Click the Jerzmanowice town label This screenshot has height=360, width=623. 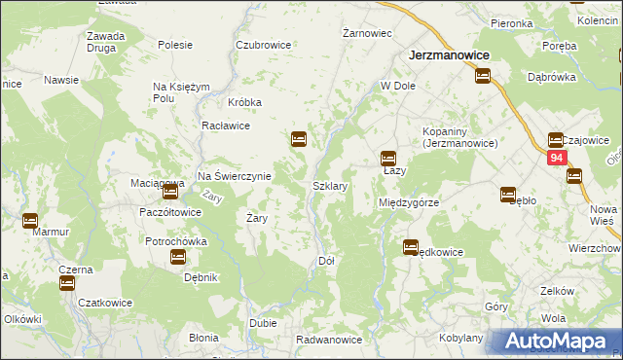pyautogui.click(x=449, y=56)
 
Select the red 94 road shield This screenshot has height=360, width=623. pyautogui.click(x=556, y=158)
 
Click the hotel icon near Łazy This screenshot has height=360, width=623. pyautogui.click(x=388, y=158)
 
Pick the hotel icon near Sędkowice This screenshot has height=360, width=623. pyautogui.click(x=411, y=247)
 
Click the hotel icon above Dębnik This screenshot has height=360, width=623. pyautogui.click(x=178, y=257)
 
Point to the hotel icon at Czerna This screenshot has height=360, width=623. pyautogui.click(x=66, y=283)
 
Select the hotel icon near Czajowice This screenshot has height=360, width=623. pyautogui.click(x=556, y=139)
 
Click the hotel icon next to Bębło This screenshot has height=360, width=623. pyautogui.click(x=507, y=194)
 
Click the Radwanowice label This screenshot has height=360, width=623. pyautogui.click(x=330, y=340)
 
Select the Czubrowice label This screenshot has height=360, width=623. pyautogui.click(x=265, y=45)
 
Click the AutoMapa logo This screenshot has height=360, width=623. pyautogui.click(x=556, y=342)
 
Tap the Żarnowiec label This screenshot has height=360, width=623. pyautogui.click(x=367, y=33)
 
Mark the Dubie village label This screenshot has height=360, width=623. pyautogui.click(x=263, y=323)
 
